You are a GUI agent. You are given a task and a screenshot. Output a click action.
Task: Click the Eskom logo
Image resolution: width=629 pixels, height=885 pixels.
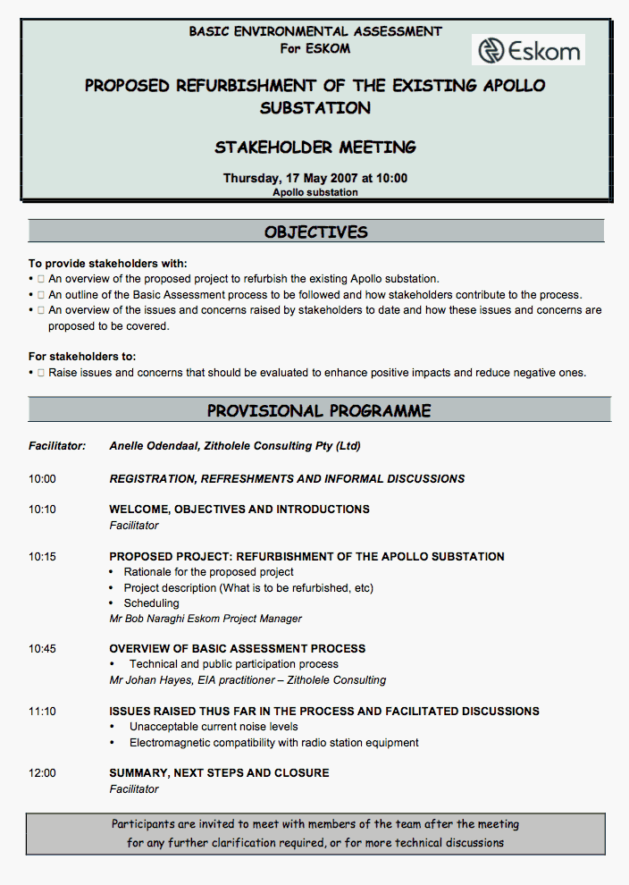coord(528,50)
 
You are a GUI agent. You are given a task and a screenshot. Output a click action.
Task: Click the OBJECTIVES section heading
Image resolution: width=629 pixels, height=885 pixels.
coord(315,232)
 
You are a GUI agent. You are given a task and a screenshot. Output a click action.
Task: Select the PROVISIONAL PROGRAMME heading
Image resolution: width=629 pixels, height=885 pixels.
coord(319,411)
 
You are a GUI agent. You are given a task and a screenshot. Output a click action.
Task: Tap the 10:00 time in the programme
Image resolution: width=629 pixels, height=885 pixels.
coord(42,479)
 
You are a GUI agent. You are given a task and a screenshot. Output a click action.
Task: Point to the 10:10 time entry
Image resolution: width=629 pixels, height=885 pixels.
coord(42,510)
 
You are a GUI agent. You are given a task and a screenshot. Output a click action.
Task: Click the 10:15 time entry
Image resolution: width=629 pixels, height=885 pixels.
coord(42,557)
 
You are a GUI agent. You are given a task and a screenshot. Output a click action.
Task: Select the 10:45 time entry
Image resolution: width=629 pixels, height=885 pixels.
coord(42,649)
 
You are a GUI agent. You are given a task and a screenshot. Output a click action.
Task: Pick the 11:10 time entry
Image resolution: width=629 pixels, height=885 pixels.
coord(42,712)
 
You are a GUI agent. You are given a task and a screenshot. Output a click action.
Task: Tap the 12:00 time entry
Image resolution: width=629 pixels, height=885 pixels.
coord(42,773)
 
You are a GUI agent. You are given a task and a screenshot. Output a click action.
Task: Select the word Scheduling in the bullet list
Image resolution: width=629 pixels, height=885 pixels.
coord(151,603)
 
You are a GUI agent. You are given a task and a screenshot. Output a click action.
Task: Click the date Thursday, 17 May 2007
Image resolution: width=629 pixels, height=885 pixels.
coord(288,178)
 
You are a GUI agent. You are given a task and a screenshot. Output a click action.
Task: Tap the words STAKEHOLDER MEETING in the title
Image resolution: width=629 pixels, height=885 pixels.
coord(315,147)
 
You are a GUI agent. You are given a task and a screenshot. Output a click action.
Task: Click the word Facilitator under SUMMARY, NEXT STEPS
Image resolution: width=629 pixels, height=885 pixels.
coord(134,789)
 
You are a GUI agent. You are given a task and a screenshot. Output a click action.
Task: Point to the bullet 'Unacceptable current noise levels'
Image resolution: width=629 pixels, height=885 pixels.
coord(214,727)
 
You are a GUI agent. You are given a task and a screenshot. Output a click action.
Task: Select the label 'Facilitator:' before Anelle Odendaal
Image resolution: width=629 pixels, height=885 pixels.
coord(57,445)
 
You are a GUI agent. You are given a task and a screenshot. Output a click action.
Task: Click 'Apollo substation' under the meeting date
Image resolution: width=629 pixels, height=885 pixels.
coord(315,192)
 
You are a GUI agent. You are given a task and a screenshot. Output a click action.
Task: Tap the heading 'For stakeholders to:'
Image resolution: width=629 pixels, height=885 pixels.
coord(82,357)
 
